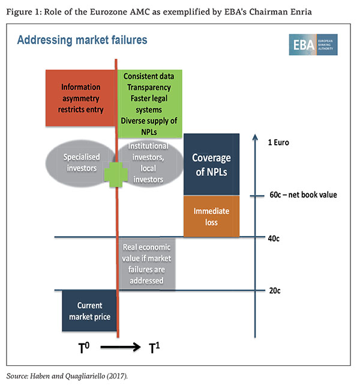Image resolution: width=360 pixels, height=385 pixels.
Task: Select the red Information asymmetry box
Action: (x=81, y=95)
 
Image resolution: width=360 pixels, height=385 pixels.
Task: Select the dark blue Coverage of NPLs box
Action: (x=211, y=164)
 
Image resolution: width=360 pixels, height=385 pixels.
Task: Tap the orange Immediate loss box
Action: (x=211, y=216)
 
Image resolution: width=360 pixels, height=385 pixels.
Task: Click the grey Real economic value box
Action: (x=146, y=264)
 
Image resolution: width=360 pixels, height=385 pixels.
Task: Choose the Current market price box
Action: (x=89, y=311)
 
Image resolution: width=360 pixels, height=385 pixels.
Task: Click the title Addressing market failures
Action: (x=82, y=40)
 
